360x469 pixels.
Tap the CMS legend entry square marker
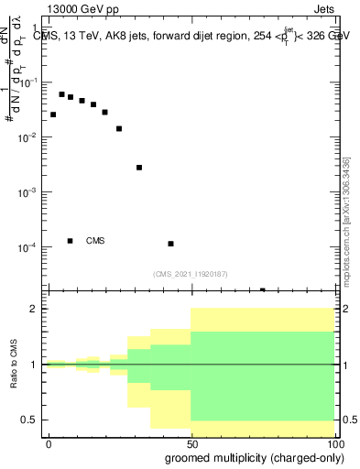point(70,241)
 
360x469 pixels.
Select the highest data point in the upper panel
point(61,94)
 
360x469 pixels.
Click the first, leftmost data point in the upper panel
point(53,115)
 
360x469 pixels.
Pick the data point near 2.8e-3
point(139,168)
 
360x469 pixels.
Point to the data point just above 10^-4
point(171,244)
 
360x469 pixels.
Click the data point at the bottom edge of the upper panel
point(263,290)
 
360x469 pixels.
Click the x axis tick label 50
point(191,443)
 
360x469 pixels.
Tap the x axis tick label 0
point(49,443)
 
